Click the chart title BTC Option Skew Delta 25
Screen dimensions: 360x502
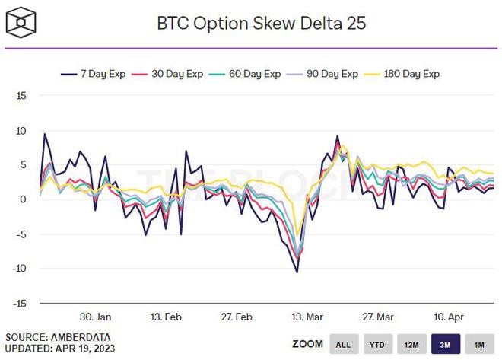coord(261,23)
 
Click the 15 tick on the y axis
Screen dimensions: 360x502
coord(21,96)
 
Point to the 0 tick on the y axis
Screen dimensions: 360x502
coord(24,199)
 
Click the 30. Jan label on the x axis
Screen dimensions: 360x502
coord(96,317)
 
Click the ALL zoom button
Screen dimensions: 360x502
coord(344,344)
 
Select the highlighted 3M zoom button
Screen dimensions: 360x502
coord(445,344)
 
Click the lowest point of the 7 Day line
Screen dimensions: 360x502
coord(297,272)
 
